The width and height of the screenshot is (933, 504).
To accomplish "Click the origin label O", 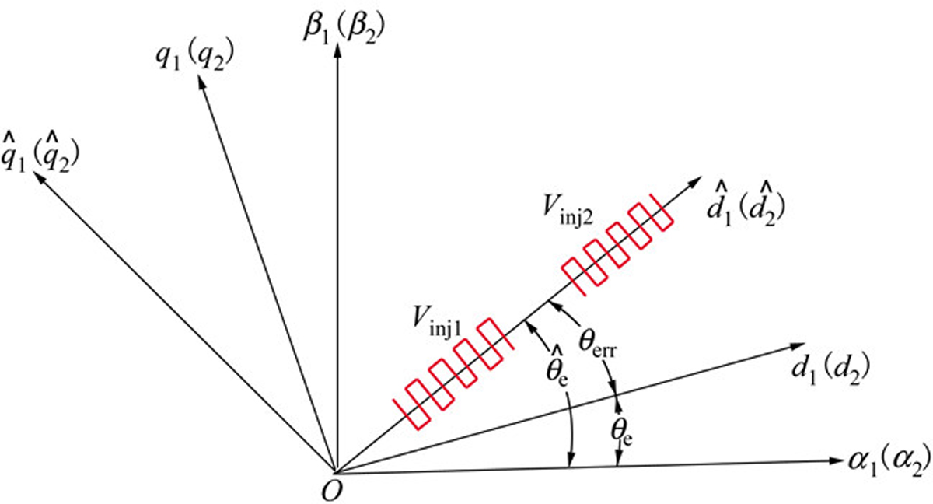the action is [x=332, y=492].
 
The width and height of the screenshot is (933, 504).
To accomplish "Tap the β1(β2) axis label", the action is [x=344, y=29].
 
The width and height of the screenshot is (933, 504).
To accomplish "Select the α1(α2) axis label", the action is [x=889, y=462].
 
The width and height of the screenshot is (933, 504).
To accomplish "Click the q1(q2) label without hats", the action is [x=195, y=57].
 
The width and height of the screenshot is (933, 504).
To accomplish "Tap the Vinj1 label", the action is [x=437, y=321].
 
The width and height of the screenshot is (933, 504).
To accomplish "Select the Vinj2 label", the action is [x=568, y=211].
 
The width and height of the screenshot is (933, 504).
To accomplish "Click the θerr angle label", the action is [x=598, y=345].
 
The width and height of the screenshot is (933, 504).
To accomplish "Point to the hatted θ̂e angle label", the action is [x=557, y=367].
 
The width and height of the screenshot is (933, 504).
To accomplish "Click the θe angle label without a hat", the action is [x=622, y=433].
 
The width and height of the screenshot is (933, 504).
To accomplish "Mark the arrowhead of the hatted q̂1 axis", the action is [x=38, y=177].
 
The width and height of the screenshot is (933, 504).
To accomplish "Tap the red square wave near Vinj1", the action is [x=454, y=373].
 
